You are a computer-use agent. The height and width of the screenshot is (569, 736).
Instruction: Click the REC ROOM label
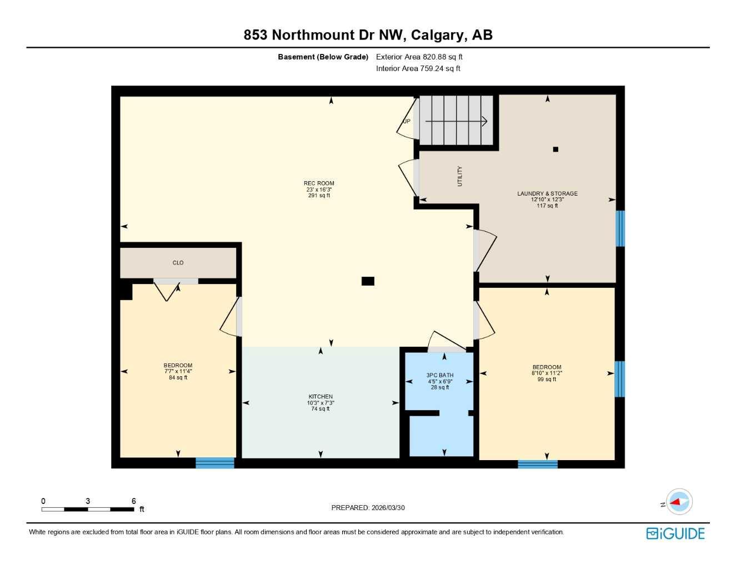click(319, 183)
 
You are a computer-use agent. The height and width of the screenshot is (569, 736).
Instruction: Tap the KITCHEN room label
click(321, 397)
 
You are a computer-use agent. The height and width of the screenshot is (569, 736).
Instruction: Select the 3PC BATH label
click(440, 375)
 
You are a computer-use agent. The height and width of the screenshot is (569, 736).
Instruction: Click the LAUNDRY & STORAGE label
click(547, 193)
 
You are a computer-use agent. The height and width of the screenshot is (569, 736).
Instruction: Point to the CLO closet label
click(178, 263)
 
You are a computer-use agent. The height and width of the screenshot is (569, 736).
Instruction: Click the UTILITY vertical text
click(459, 176)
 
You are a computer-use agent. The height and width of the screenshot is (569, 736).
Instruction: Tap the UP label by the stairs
click(407, 121)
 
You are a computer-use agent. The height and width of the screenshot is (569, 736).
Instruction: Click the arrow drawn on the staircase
click(456, 121)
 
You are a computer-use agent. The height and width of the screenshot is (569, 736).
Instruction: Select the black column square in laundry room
click(555, 149)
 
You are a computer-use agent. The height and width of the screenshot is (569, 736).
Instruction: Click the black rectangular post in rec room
click(368, 281)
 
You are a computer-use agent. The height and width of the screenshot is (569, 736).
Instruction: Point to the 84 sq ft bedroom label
click(178, 371)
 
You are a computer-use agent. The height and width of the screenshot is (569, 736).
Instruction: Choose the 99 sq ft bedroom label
click(547, 373)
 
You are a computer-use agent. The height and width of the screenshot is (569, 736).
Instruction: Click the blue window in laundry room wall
click(620, 228)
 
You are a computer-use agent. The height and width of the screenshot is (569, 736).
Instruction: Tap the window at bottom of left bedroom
click(215, 462)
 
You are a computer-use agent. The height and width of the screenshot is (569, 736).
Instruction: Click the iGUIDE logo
click(675, 533)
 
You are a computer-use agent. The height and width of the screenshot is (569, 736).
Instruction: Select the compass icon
click(679, 502)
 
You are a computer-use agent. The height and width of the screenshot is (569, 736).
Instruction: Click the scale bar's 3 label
click(88, 501)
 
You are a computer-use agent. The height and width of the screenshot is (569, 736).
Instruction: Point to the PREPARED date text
click(368, 508)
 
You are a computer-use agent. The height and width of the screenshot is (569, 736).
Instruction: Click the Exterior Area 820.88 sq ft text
click(419, 57)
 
